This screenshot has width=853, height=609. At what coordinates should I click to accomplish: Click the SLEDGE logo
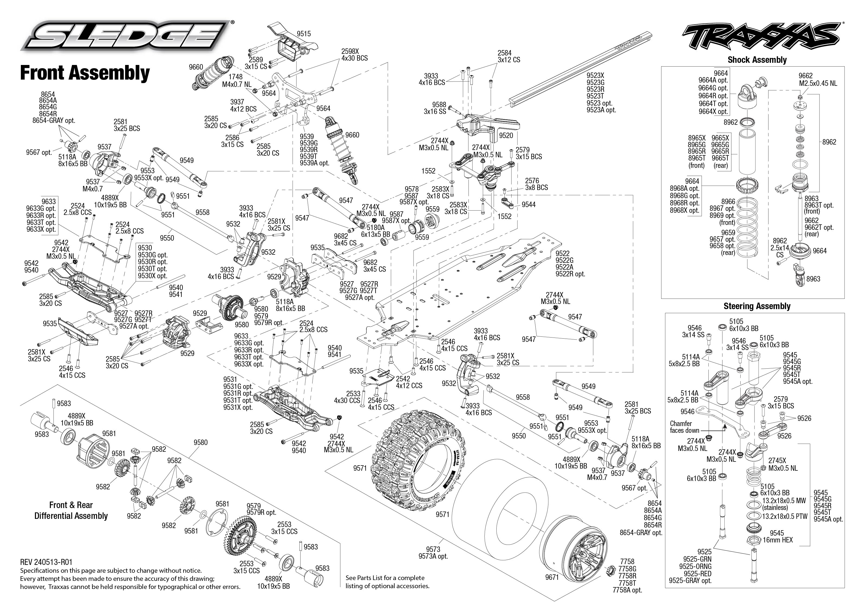[x=126, y=36]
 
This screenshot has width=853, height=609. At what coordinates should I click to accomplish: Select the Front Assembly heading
[x=85, y=73]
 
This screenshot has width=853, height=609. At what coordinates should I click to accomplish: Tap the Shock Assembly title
[x=757, y=60]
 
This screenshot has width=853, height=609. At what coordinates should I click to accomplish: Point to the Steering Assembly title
[x=757, y=306]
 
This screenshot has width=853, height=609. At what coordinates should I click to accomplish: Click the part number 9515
[x=304, y=34]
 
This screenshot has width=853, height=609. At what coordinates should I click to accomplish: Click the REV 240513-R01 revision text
[x=46, y=562]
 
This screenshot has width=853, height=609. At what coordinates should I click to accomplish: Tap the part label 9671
[x=552, y=577]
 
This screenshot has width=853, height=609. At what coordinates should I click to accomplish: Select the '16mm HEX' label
[x=778, y=540]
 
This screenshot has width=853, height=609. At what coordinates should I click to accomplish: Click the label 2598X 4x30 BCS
[x=354, y=55]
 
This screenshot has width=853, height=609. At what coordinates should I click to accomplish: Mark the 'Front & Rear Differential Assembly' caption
[x=71, y=510]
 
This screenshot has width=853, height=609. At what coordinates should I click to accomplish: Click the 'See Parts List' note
[x=387, y=582]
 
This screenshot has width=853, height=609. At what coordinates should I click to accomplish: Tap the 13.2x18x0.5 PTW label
[x=784, y=516]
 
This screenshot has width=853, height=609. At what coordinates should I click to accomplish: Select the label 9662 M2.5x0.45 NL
[x=818, y=80]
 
